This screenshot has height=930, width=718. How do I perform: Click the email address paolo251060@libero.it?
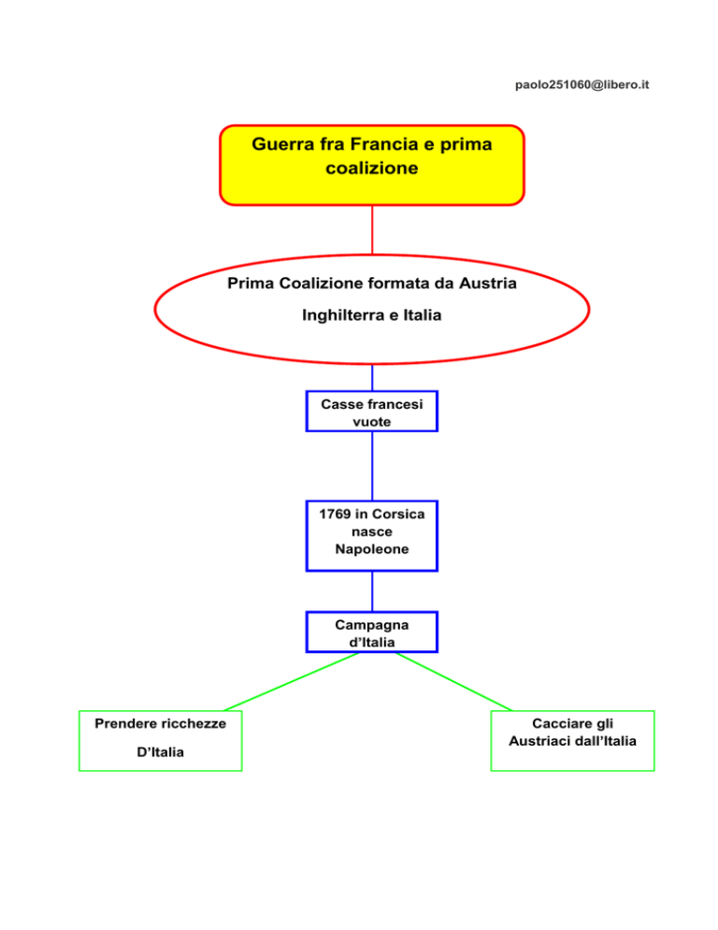(582, 85)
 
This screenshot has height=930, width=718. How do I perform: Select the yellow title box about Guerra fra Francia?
(371, 165)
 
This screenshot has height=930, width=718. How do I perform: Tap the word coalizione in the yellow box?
(372, 169)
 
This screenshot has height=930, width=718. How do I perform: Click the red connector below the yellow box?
(372, 229)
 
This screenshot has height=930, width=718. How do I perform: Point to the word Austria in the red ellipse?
(490, 283)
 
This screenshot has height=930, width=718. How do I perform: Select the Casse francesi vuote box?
(371, 412)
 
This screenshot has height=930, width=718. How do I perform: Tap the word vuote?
(371, 422)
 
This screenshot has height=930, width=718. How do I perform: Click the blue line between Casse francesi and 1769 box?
(372, 466)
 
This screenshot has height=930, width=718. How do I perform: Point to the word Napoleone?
(371, 549)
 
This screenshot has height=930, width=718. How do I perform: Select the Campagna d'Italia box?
(371, 632)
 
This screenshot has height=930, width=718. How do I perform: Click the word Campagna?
(371, 624)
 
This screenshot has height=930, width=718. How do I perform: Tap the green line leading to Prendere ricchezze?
(290, 681)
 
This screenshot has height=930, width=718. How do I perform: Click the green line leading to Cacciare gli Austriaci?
(453, 681)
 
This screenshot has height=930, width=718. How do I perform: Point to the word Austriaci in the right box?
(541, 741)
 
